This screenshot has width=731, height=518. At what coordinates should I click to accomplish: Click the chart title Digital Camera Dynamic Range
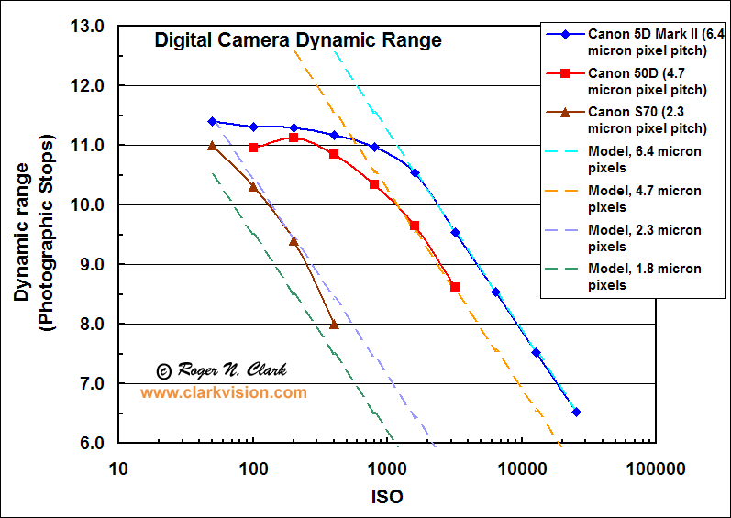click(x=297, y=40)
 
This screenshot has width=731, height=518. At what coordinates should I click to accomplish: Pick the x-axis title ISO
click(x=387, y=496)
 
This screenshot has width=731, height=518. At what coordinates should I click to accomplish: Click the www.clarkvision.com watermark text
click(x=223, y=392)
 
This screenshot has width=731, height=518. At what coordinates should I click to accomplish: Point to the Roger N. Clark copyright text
click(x=221, y=370)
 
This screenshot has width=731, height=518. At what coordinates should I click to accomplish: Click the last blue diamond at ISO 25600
click(x=576, y=413)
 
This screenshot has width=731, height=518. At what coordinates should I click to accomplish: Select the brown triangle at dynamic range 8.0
click(x=334, y=325)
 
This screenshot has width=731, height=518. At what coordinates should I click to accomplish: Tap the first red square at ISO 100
click(x=253, y=148)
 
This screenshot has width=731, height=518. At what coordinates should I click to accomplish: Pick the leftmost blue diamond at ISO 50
click(x=212, y=121)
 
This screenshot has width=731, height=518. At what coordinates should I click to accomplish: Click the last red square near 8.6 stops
click(x=455, y=287)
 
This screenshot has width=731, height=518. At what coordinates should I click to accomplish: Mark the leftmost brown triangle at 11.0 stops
click(x=212, y=146)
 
